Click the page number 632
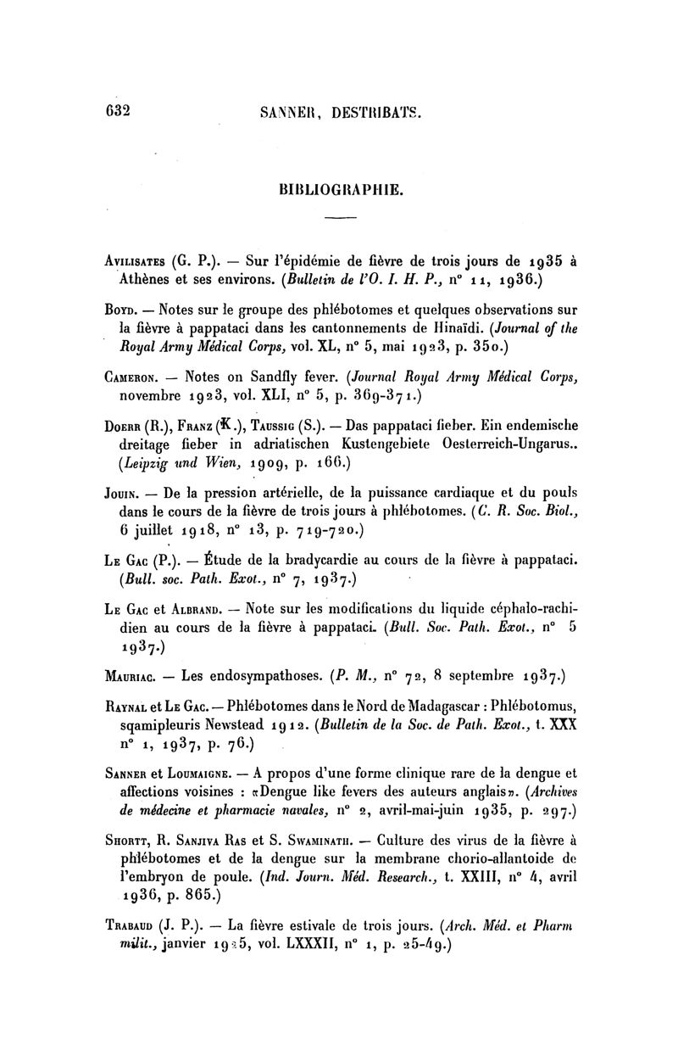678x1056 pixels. [x=113, y=109]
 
